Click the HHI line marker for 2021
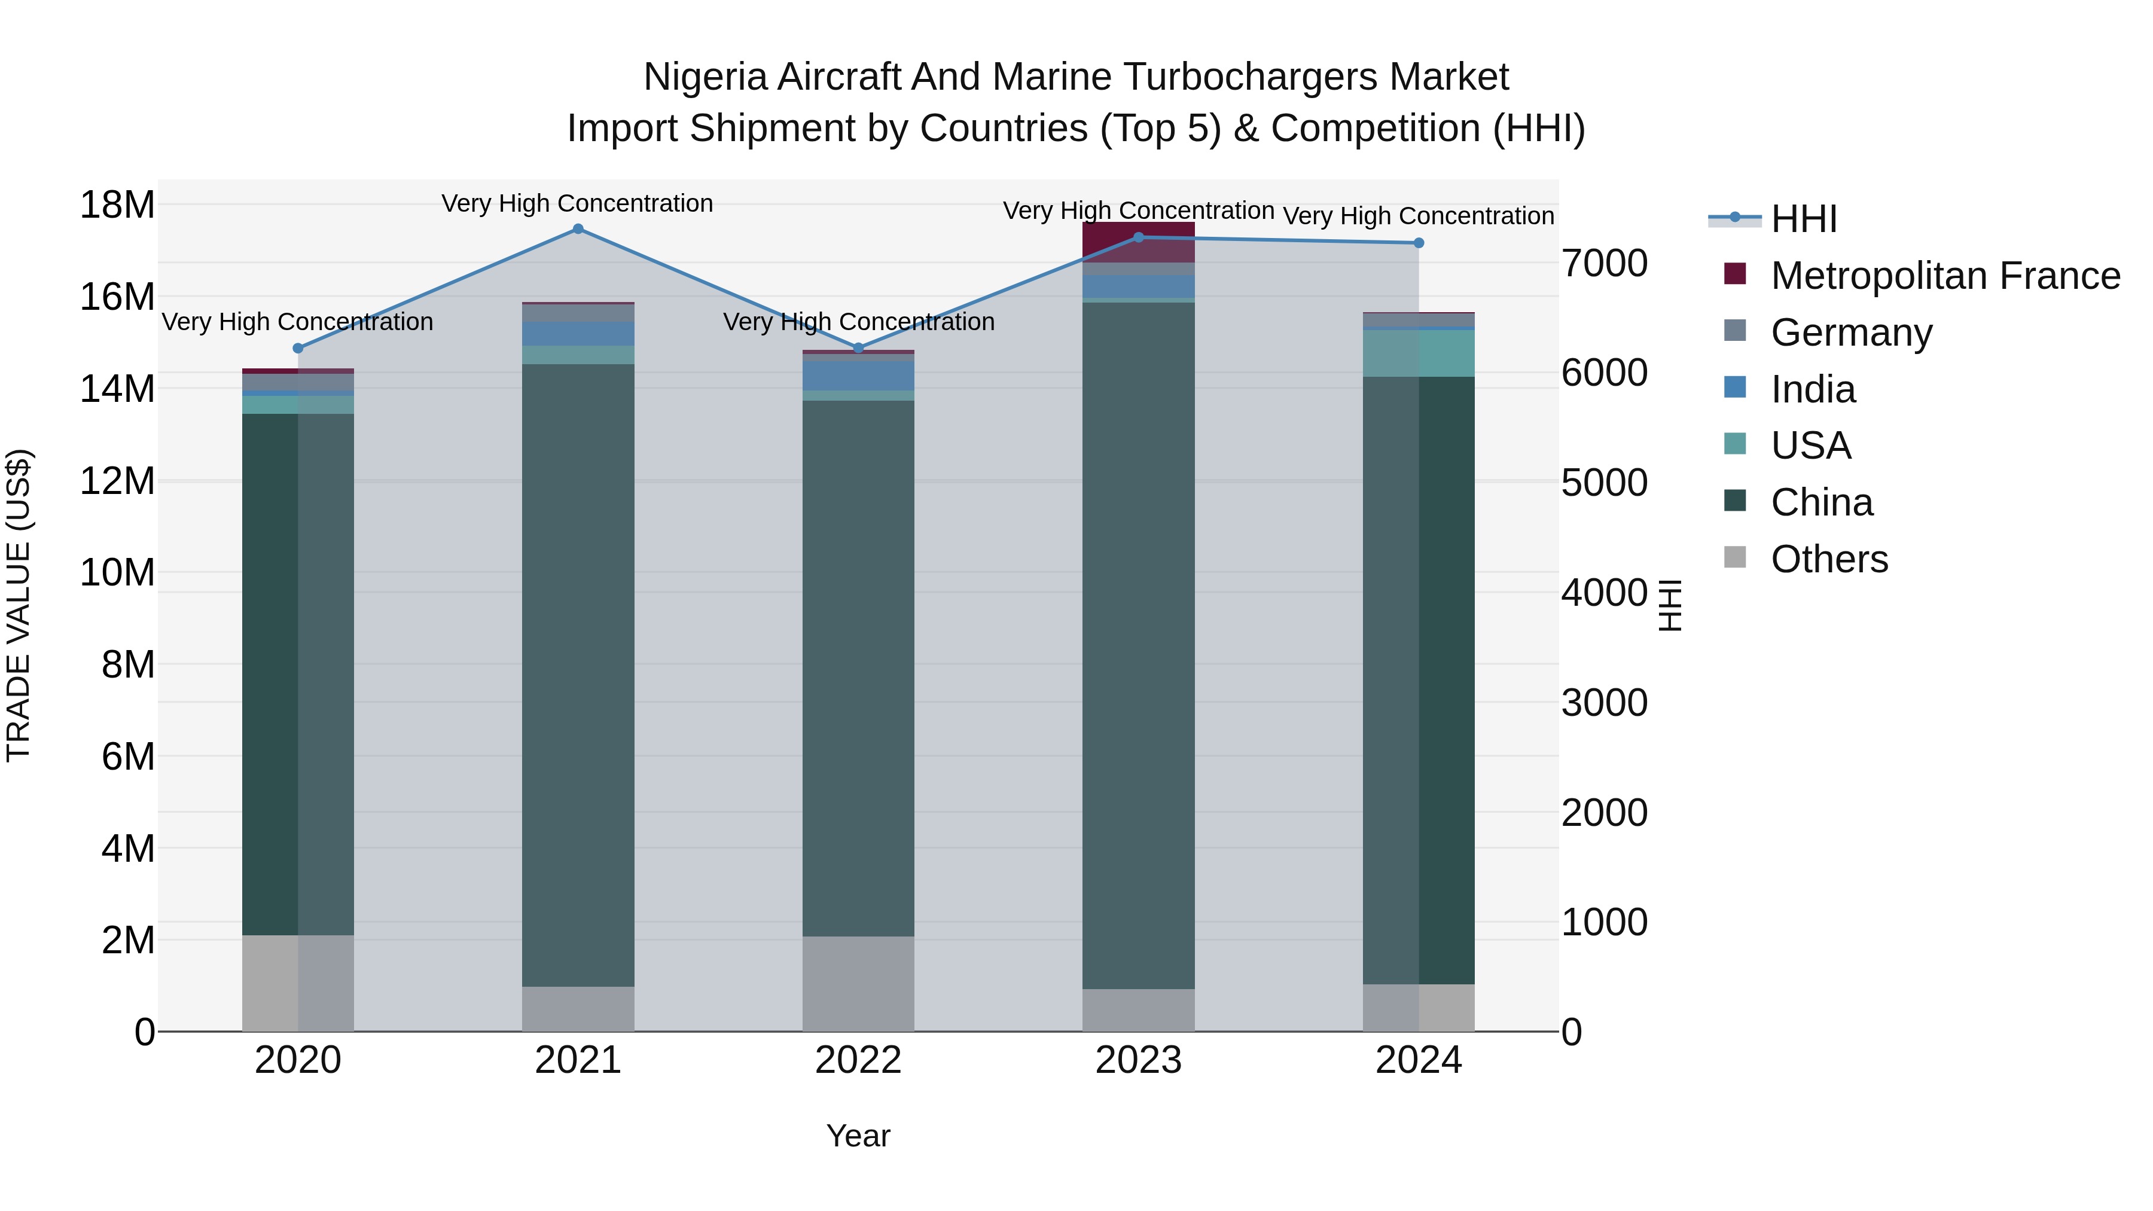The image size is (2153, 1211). (x=578, y=229)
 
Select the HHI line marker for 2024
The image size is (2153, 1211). (x=1419, y=243)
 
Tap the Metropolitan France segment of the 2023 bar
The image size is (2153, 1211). (x=1138, y=242)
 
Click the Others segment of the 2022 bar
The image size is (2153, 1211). (x=858, y=984)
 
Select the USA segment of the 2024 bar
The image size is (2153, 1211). (x=1419, y=353)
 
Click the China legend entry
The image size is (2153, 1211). (x=1821, y=502)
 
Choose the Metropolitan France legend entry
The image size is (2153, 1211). (x=1944, y=276)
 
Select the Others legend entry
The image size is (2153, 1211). (x=1829, y=559)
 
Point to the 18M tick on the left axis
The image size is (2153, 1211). (x=117, y=205)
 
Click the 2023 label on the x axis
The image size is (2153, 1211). (x=1138, y=1060)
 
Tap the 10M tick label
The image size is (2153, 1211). (x=117, y=574)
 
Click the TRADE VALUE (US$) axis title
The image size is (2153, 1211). (x=19, y=605)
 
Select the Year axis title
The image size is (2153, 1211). (x=858, y=1136)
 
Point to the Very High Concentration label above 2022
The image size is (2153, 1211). (x=858, y=322)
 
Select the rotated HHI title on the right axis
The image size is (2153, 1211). (x=1669, y=605)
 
